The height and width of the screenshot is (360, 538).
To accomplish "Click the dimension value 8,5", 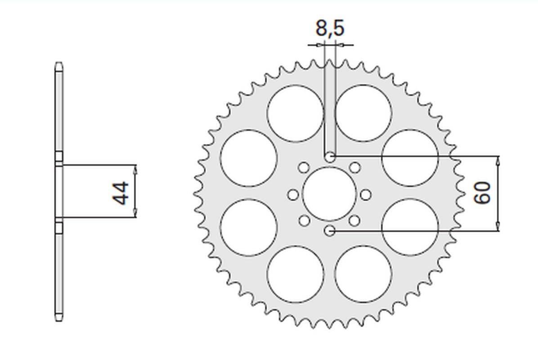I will (330, 28).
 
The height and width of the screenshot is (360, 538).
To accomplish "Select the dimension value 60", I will (483, 193).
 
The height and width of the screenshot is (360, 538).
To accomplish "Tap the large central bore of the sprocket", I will (329, 194).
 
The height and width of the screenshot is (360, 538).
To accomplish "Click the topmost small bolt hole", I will (330, 157).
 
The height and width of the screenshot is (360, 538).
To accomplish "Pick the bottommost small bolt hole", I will (330, 231).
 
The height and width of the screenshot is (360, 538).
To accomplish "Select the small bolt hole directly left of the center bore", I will (293, 195).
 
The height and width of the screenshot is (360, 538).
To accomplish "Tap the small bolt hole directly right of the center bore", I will (366, 195).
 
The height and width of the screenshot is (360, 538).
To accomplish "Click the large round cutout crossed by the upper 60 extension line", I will (409, 157).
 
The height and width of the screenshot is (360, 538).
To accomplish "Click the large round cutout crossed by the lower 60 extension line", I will (409, 227).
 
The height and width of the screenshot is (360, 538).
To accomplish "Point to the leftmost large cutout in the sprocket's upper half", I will (249, 157).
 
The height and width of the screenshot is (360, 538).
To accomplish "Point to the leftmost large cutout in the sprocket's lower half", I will (249, 227).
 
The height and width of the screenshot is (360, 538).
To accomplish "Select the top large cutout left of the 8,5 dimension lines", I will (295, 113).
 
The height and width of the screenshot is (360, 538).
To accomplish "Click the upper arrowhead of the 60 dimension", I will (498, 160).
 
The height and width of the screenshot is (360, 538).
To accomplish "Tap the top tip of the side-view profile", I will (59, 63).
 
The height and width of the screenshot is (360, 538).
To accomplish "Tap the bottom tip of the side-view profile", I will (59, 321).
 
